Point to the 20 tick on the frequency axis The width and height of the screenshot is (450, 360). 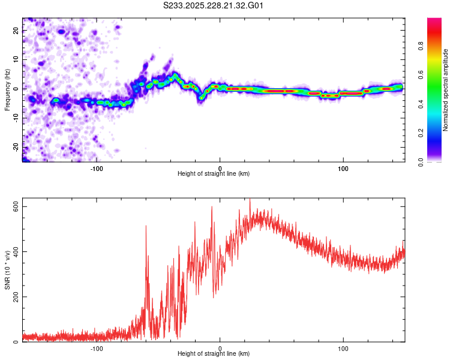pos(16,31)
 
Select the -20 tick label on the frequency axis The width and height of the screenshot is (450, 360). pos(16,146)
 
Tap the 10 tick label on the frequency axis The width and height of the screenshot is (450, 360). pos(16,60)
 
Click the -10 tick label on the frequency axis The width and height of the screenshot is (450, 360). pos(16,118)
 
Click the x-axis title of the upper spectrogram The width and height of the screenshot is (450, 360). pos(214,173)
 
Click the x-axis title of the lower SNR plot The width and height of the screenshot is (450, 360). pos(214,354)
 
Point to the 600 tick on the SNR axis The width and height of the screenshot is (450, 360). pos(16,206)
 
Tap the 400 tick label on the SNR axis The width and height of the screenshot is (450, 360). pos(16,251)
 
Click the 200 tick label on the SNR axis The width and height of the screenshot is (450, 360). pos(16,297)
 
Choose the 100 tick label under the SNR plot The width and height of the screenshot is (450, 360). pos(343,348)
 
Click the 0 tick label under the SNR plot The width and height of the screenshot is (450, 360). pos(220,348)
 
